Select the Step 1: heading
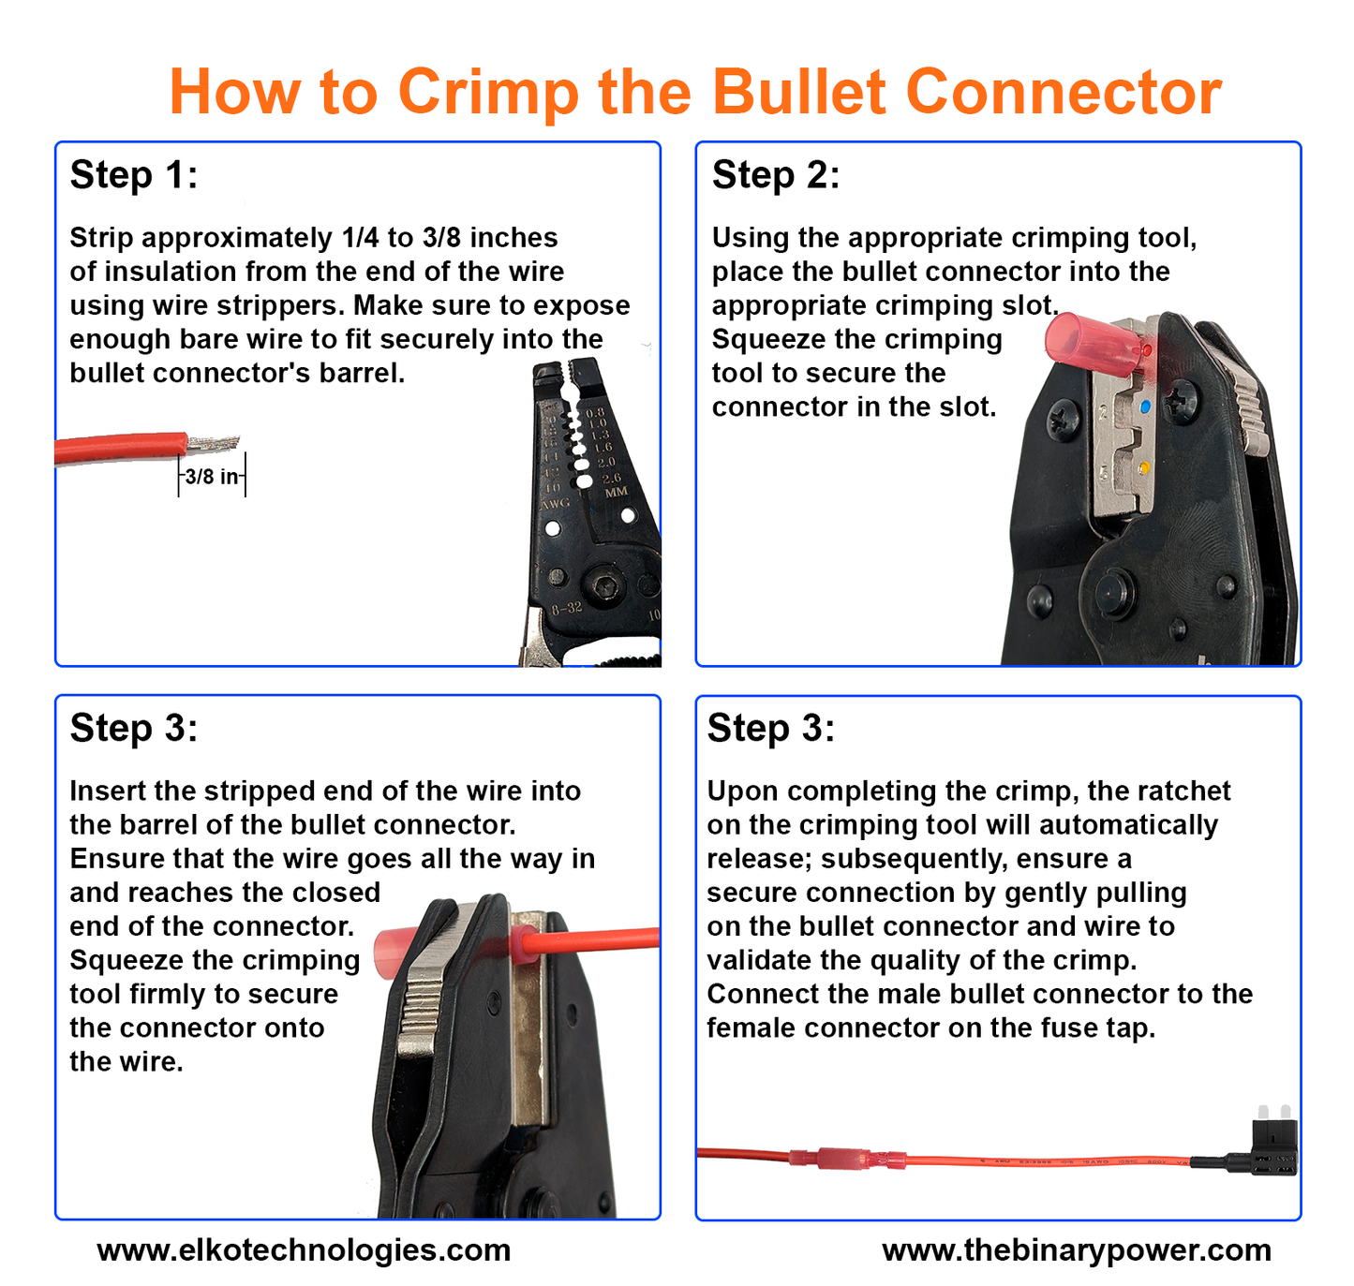pos(134,174)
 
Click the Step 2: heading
pos(776,174)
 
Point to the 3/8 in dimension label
pos(212,476)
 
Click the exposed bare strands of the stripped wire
pos(213,442)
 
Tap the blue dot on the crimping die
pos(1145,406)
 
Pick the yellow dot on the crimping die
pos(1144,469)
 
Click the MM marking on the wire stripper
pos(616,493)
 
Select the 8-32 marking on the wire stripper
pos(567,607)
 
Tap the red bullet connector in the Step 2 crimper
pos(1096,345)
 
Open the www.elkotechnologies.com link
pos(304,1249)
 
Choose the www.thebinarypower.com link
pos(1077,1249)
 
